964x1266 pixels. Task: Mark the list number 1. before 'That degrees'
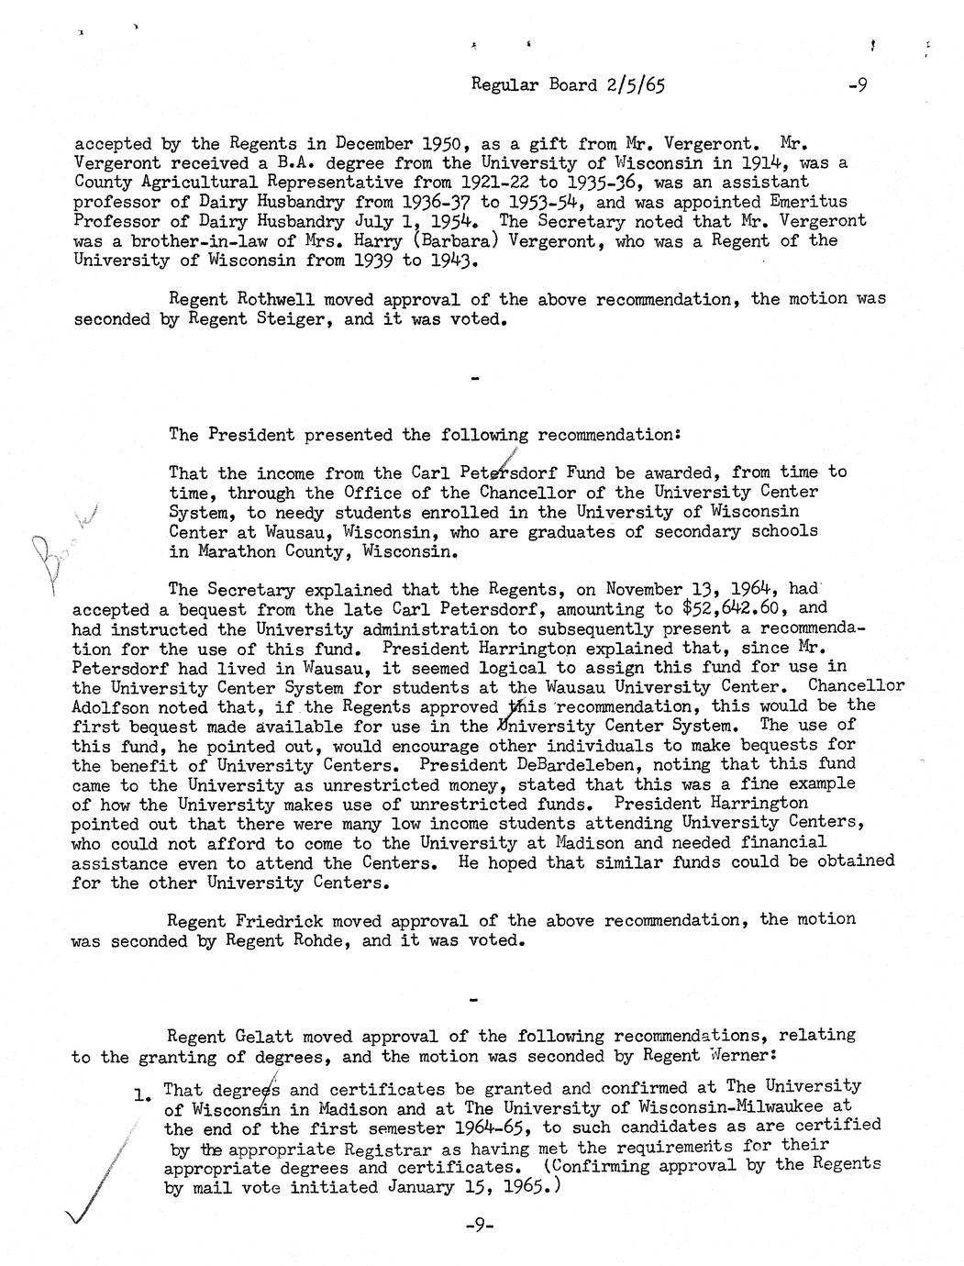[142, 1093]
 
